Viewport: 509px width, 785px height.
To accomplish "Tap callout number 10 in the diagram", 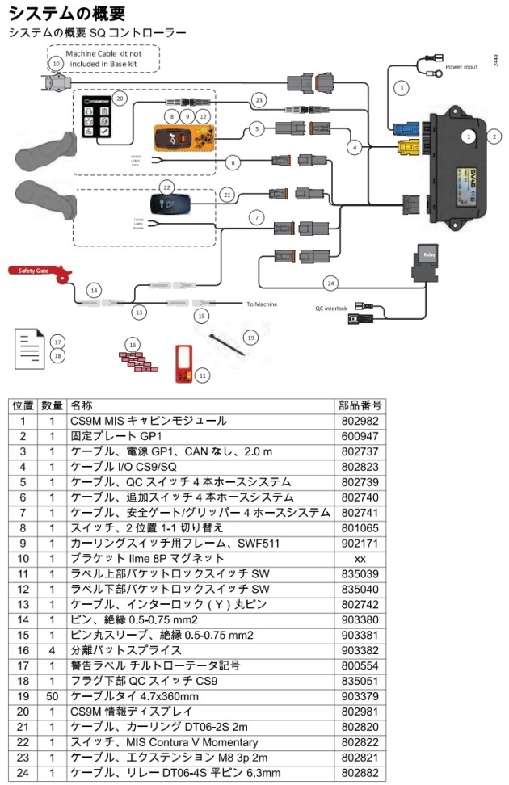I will pyautogui.click(x=56, y=62).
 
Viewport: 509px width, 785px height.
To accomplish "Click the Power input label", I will pyautogui.click(x=462, y=67).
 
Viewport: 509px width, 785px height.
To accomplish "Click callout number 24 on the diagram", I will pyautogui.click(x=330, y=283).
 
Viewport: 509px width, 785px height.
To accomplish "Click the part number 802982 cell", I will pyautogui.click(x=361, y=421).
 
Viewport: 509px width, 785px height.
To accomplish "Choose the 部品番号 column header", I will pyautogui.click(x=361, y=405).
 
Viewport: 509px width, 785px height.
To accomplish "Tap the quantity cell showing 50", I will pyautogui.click(x=51, y=695).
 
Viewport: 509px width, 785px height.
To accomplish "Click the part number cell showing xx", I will pyautogui.click(x=361, y=559).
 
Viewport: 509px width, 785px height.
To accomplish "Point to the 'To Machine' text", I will pyautogui.click(x=262, y=304).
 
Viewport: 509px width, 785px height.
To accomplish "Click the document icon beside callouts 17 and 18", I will pyautogui.click(x=30, y=345).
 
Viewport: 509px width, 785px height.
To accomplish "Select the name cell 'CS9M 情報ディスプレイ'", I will pyautogui.click(x=130, y=711).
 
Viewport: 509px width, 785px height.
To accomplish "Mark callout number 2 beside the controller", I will pyautogui.click(x=493, y=136).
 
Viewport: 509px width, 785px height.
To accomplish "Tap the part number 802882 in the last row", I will pyautogui.click(x=361, y=772).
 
